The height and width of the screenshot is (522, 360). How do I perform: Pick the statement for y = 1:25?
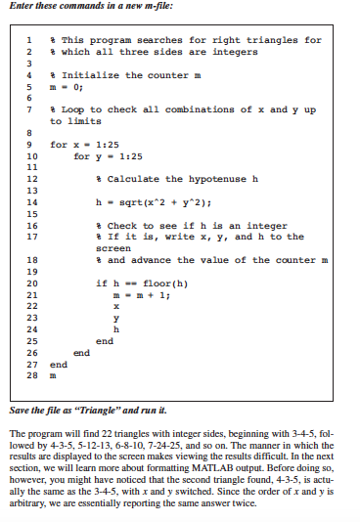(x=109, y=155)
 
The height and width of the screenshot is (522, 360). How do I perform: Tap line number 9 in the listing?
(x=32, y=144)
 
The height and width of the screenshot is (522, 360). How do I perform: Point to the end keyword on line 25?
(x=107, y=341)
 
